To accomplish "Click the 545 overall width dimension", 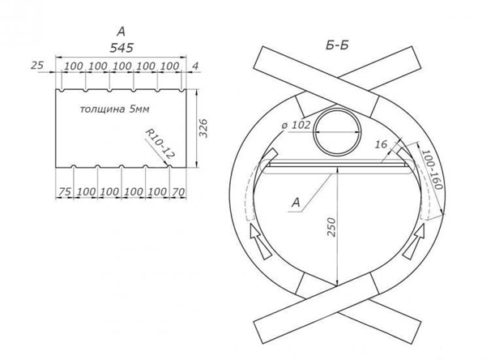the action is (x=122, y=48).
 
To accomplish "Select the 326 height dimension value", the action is (x=204, y=128).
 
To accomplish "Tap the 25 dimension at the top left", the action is (x=37, y=66).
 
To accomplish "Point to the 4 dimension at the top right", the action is (x=195, y=66).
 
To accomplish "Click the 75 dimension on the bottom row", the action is (x=65, y=191).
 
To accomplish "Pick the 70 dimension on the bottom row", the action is (x=178, y=191).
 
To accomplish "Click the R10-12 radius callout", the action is (x=160, y=144).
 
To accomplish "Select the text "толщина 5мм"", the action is (x=114, y=109).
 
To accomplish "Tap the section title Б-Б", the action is (x=337, y=46).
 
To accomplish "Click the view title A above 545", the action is (x=121, y=32).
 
